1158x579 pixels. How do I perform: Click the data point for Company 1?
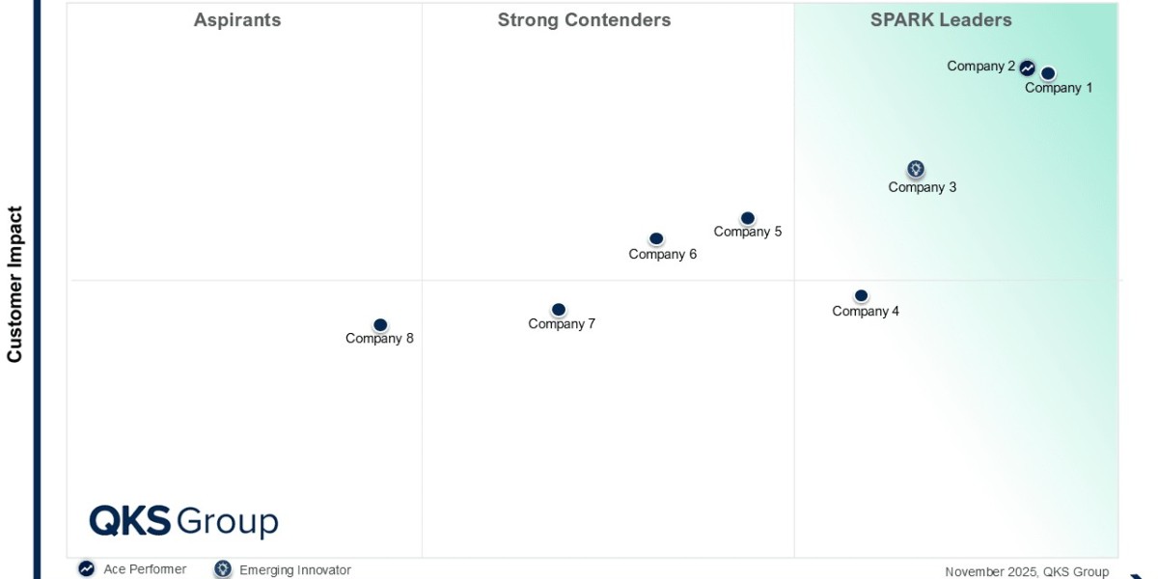(x=1048, y=73)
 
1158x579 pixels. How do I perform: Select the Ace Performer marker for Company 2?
(x=1028, y=68)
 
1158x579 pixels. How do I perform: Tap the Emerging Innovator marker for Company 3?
(x=916, y=169)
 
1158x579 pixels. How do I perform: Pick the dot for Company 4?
(x=861, y=295)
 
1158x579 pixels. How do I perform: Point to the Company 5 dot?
(x=747, y=218)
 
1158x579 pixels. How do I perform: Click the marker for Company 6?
(x=656, y=238)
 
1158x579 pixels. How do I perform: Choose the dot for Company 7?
(x=558, y=310)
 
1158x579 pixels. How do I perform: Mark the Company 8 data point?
(x=380, y=325)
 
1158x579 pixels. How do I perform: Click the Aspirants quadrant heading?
(x=237, y=20)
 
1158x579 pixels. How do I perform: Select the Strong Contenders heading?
(x=584, y=20)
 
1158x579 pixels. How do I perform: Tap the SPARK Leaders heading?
(x=941, y=20)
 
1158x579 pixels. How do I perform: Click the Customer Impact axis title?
(x=14, y=284)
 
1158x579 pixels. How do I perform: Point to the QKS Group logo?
(x=183, y=521)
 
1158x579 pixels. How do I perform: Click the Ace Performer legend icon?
(x=87, y=569)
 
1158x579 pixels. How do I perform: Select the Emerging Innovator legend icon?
(x=223, y=569)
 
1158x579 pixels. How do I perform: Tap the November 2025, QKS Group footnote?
(x=1027, y=571)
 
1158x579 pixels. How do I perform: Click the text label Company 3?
(x=923, y=187)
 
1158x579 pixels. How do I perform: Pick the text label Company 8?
(x=379, y=339)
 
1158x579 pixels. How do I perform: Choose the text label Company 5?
(x=748, y=232)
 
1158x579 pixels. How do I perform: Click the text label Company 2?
(x=980, y=67)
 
